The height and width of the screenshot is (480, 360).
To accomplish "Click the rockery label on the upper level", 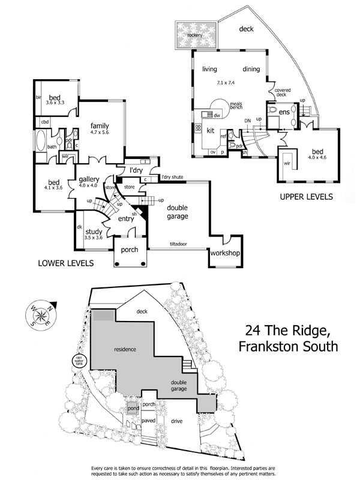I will (x=194, y=35).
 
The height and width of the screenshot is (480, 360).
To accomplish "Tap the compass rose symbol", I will (x=41, y=314).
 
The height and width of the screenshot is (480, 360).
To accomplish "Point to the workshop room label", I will (x=225, y=253).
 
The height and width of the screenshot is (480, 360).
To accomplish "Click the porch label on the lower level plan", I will (x=130, y=249).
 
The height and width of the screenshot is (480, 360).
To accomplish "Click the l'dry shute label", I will (x=172, y=177).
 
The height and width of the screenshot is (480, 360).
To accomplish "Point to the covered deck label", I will (x=283, y=92).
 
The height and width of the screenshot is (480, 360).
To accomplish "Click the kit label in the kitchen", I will (x=211, y=130).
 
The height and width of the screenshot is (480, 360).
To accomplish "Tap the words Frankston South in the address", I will (x=288, y=346).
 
